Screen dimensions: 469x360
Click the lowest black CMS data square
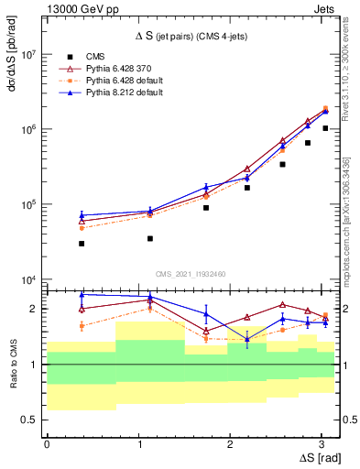82,244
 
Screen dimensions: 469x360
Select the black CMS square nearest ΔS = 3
325,128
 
